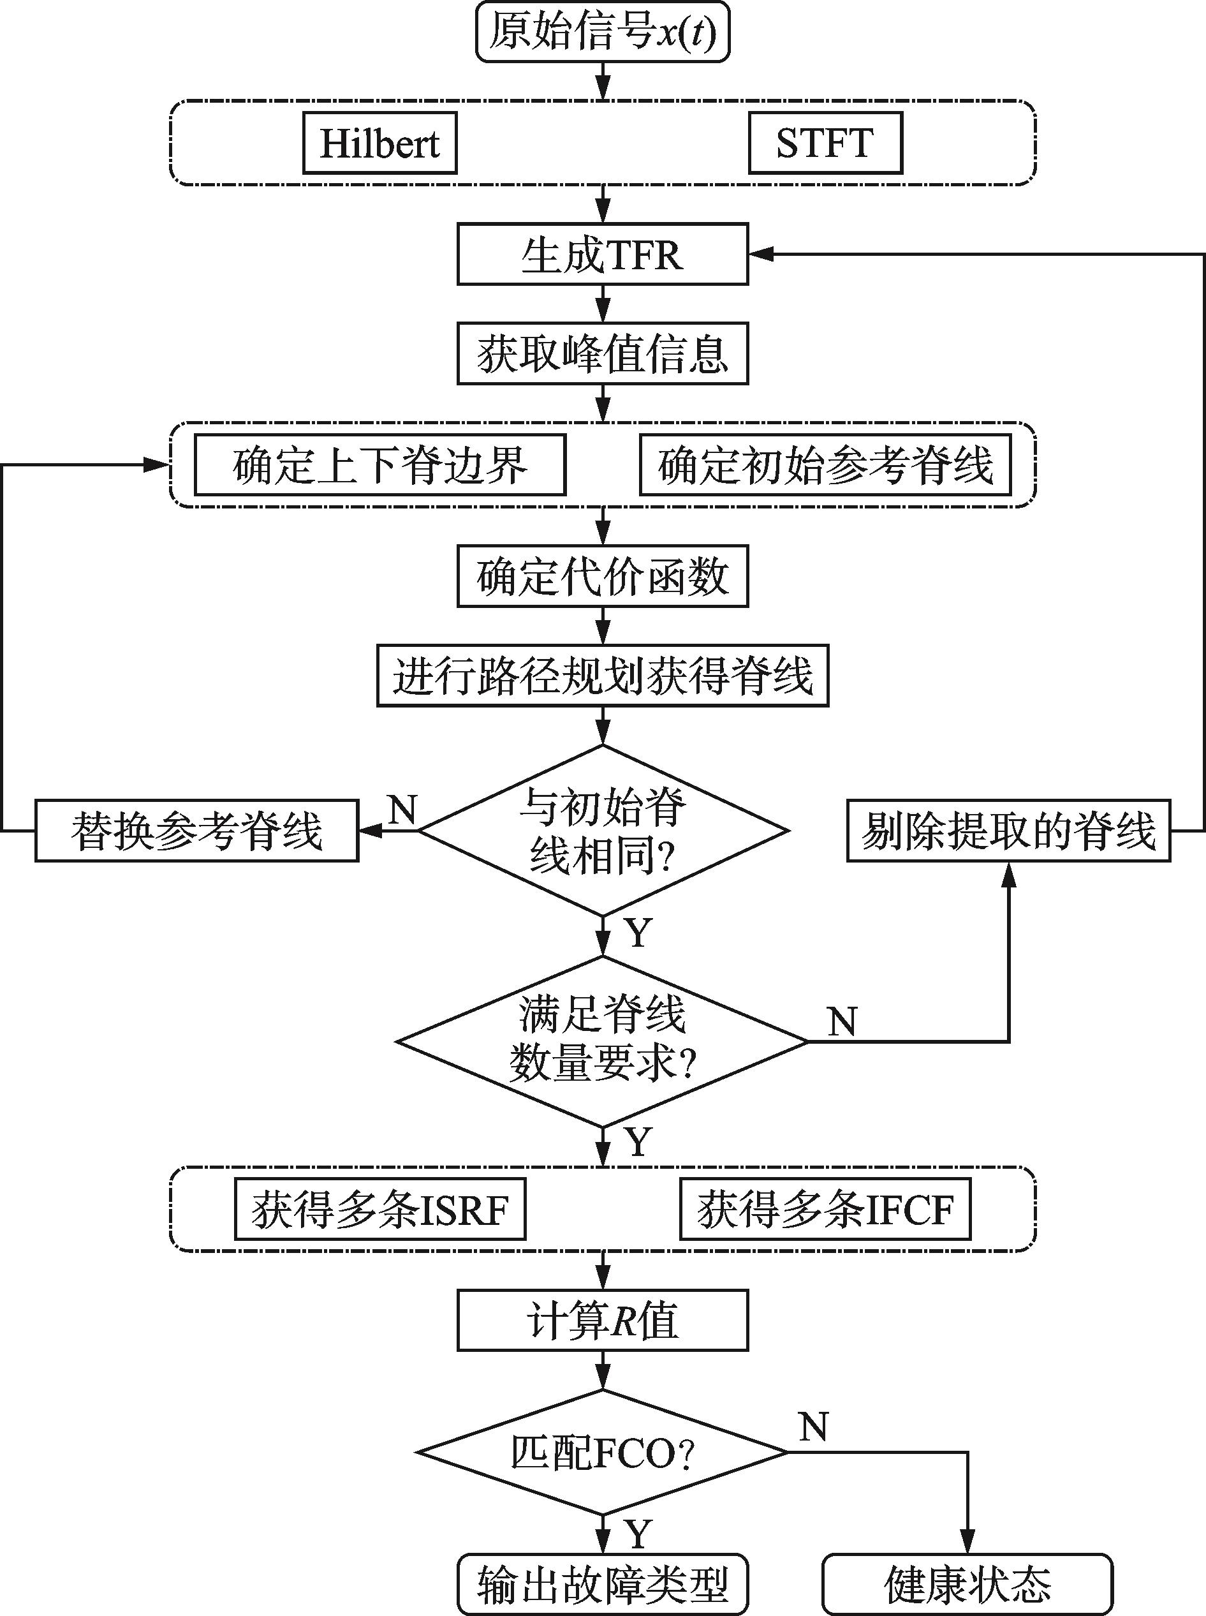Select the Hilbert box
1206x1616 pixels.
379,143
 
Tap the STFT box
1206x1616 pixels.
825,143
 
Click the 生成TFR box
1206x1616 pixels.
602,254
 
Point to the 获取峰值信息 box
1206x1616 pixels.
602,353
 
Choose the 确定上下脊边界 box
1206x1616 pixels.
379,465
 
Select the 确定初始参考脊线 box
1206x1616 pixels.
825,465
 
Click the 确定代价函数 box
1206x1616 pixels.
602,576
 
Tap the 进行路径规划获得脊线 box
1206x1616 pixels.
602,676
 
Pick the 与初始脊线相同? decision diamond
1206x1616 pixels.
602,830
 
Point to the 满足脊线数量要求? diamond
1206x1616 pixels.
602,1041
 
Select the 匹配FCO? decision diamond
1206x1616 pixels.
602,1453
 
